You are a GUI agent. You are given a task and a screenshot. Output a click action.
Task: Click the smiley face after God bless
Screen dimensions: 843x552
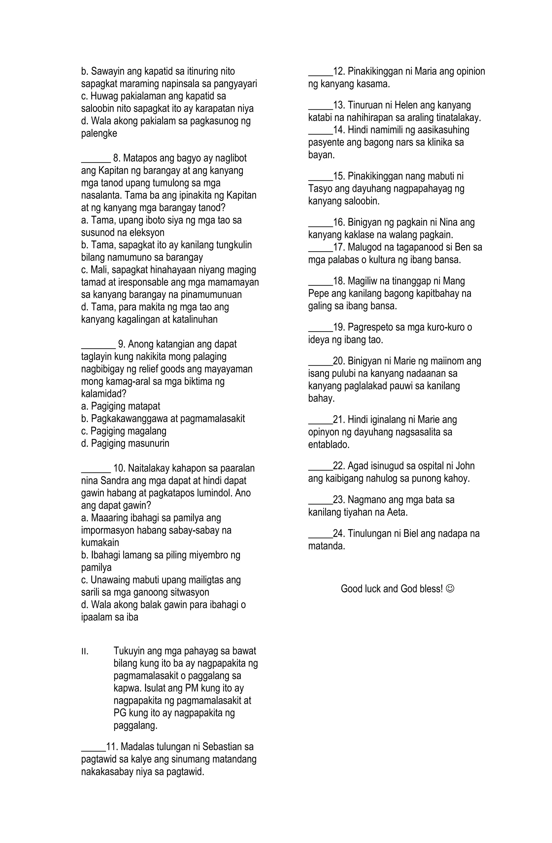coord(450,589)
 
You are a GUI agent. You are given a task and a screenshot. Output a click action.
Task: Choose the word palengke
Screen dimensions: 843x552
coord(99,134)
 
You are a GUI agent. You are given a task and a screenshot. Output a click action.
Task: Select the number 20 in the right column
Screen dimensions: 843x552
coord(339,361)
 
